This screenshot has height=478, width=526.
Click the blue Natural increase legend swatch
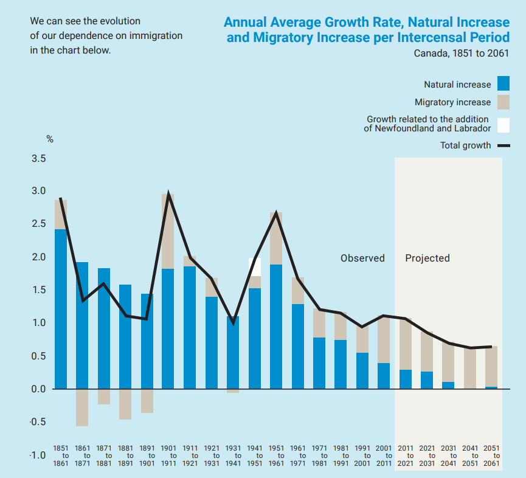(503, 84)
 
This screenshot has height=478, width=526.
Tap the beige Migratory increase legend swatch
(503, 102)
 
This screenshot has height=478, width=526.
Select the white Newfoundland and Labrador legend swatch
(503, 125)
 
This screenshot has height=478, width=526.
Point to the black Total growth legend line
(503, 145)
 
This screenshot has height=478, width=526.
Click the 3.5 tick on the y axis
(38, 159)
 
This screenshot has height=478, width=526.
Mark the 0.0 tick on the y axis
(38, 389)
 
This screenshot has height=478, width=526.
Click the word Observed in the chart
(362, 258)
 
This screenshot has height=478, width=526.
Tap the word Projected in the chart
(427, 258)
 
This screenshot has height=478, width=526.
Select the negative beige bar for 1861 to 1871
(82, 407)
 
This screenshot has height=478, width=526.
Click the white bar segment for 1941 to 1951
(255, 266)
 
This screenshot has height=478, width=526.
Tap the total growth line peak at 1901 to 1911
(168, 195)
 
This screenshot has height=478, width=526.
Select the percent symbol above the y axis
(50, 139)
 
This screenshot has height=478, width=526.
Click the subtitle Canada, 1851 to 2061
(462, 53)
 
